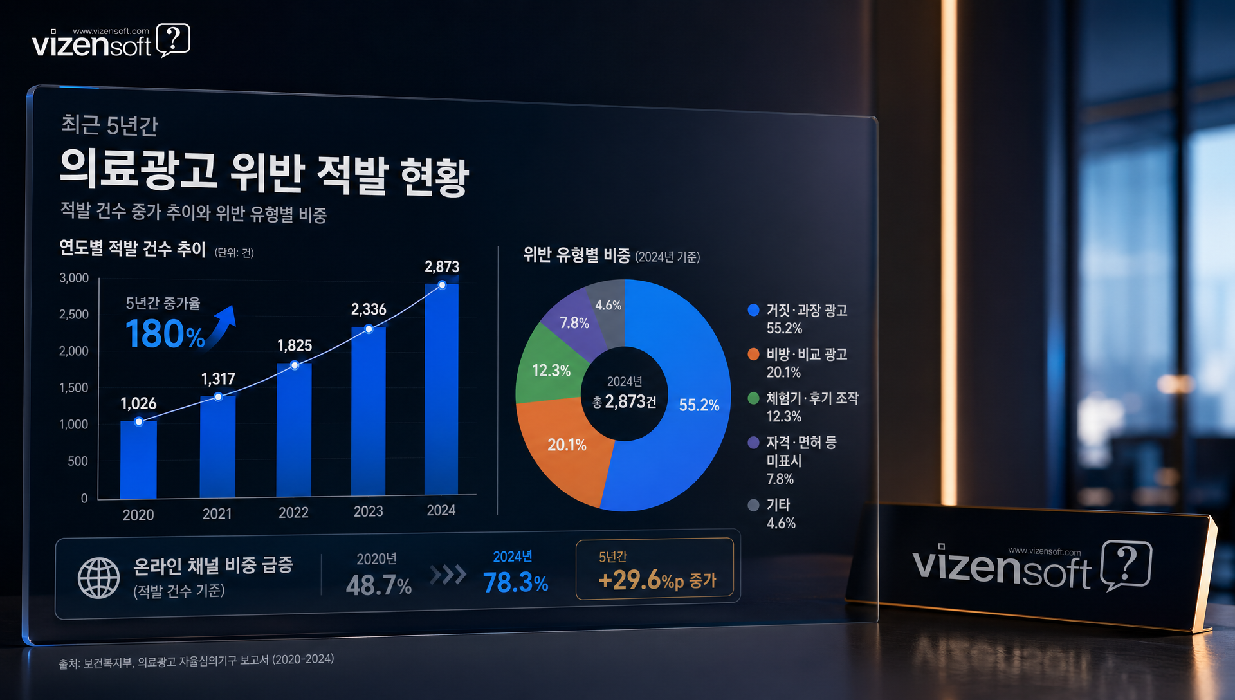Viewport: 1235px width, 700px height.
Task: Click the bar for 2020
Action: pyautogui.click(x=138, y=460)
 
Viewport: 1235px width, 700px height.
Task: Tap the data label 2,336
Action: pyautogui.click(x=369, y=309)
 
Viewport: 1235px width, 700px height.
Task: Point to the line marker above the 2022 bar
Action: pyautogui.click(x=295, y=365)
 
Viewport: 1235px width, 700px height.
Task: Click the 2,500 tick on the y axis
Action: pyautogui.click(x=74, y=315)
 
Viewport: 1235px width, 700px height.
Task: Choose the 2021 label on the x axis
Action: pyautogui.click(x=217, y=513)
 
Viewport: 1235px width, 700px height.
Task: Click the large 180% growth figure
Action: pyautogui.click(x=165, y=335)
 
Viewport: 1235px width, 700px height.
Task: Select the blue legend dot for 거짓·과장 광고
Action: pyautogui.click(x=753, y=310)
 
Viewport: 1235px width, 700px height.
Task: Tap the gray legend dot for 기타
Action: pyautogui.click(x=753, y=505)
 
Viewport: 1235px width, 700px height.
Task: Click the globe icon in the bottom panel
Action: pyautogui.click(x=98, y=578)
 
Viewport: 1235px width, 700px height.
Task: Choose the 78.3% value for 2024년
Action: pyautogui.click(x=515, y=583)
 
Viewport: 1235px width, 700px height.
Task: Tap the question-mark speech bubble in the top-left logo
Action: pyautogui.click(x=173, y=40)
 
